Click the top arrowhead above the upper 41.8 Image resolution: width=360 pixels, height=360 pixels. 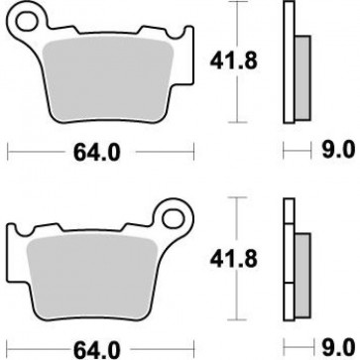236,6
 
